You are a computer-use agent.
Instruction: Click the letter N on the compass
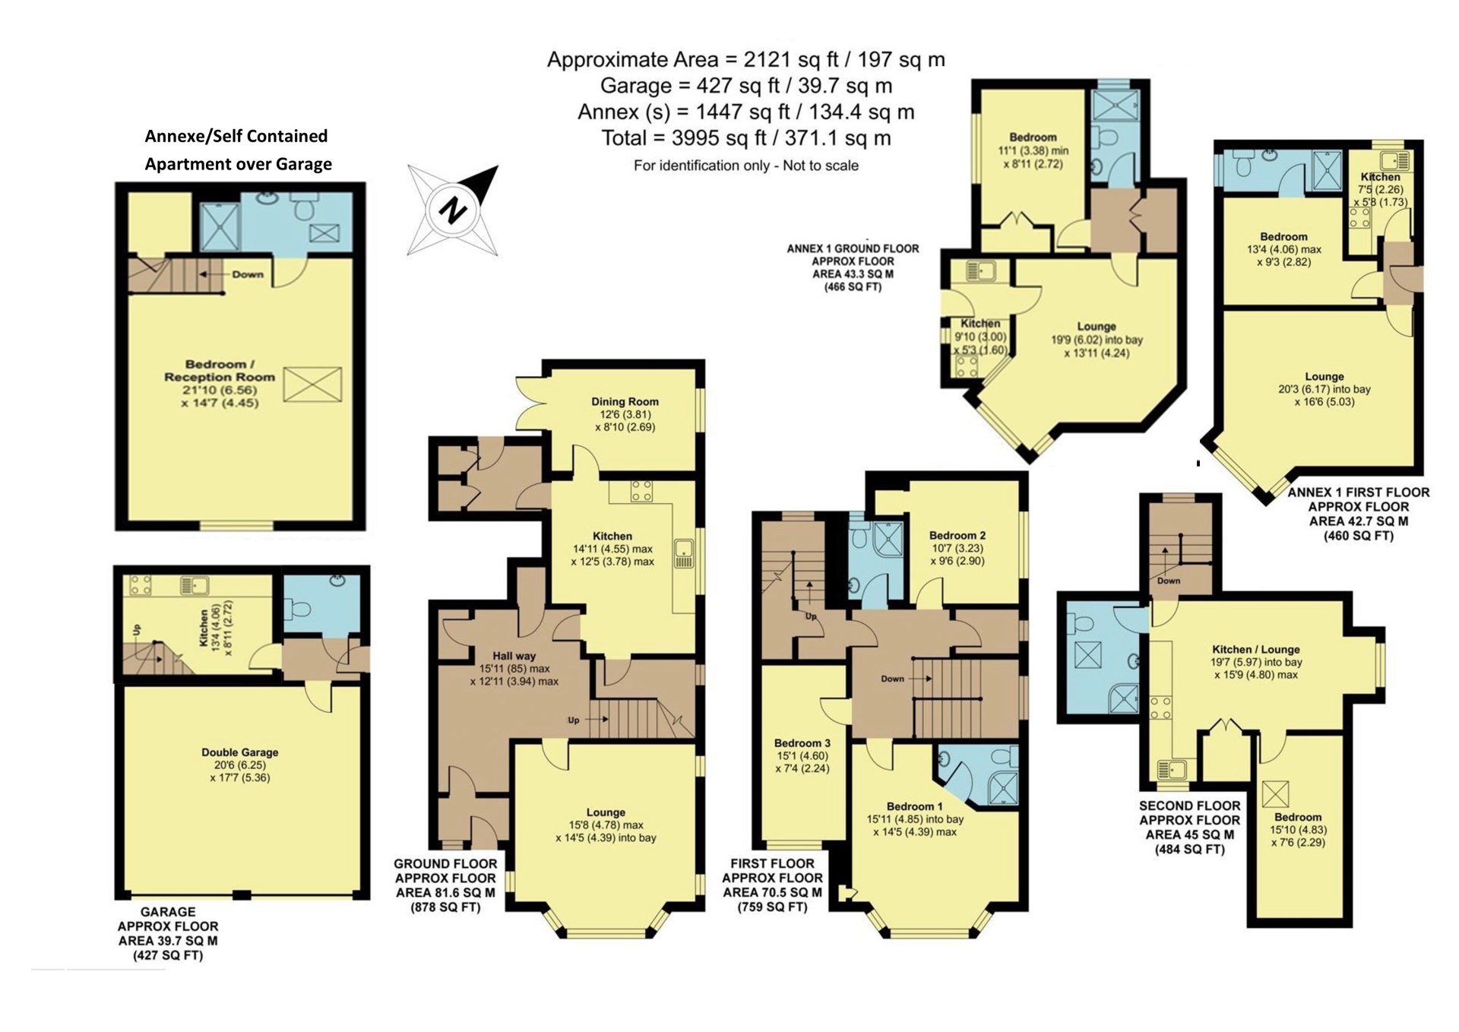[453, 209]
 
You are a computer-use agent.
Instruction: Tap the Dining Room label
[625, 401]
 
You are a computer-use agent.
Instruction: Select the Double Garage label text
[239, 752]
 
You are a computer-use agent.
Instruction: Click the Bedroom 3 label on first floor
[802, 742]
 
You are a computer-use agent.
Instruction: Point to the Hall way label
[514, 656]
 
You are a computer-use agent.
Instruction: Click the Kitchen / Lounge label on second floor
[1255, 649]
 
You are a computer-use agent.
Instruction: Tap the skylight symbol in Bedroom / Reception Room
[312, 385]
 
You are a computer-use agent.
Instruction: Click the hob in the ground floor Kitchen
[641, 491]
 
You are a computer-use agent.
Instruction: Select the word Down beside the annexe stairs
[248, 274]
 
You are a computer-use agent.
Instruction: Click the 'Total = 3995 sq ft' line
[745, 138]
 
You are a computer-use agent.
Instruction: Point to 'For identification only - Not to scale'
[745, 166]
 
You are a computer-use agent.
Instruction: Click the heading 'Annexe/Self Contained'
[236, 136]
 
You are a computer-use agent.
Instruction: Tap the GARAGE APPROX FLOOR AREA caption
[168, 933]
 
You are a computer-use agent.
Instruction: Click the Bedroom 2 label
[957, 535]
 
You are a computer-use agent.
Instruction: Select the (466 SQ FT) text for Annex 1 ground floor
[853, 287]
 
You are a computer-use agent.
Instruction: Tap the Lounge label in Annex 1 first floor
[1324, 376]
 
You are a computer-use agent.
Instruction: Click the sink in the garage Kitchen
[195, 585]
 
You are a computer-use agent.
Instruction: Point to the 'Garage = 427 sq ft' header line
[745, 86]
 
